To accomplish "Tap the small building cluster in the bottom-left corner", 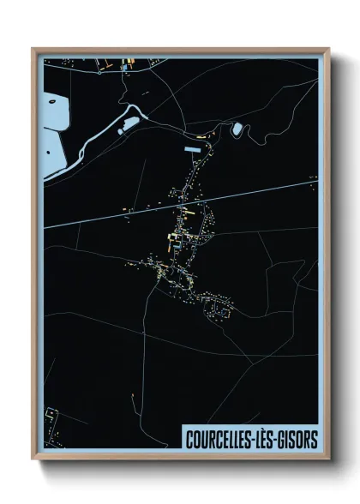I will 53,417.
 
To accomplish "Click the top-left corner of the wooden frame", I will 33,49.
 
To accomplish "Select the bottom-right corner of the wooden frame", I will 328,459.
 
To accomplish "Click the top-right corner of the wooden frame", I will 328,49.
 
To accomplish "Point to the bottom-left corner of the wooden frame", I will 33,459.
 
